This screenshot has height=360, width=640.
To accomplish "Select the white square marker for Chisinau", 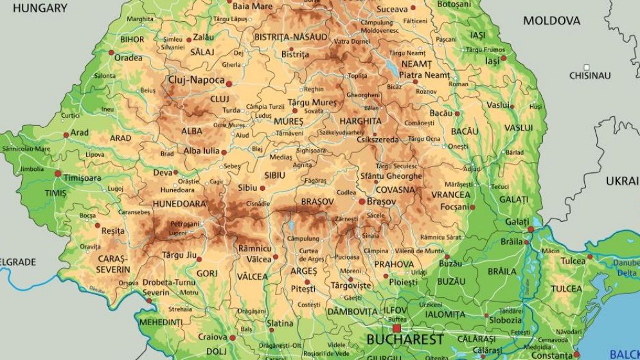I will pyautogui.click(x=586, y=67).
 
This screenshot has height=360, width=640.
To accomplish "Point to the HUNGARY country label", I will pyautogui.click(x=40, y=8).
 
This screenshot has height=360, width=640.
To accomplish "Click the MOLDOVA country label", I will pyautogui.click(x=551, y=21).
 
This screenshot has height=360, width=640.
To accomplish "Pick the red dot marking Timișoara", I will pyautogui.click(x=58, y=174).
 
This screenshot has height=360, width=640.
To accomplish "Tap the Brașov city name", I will pyautogui.click(x=382, y=201).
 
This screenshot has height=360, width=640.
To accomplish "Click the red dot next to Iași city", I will pyautogui.click(x=504, y=58).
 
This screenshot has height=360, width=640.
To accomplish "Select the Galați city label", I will pyautogui.click(x=517, y=222).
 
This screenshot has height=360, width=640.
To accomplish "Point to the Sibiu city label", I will pyautogui.click(x=247, y=188).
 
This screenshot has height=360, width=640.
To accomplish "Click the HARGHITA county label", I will pyautogui.click(x=360, y=121).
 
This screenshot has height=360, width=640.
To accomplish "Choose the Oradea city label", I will pyautogui.click(x=128, y=58).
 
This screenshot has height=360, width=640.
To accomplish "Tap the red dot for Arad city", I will pyautogui.click(x=66, y=134).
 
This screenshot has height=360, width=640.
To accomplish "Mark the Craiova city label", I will pyautogui.click(x=212, y=337).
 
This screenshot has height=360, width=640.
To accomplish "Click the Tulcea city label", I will pyautogui.click(x=573, y=260).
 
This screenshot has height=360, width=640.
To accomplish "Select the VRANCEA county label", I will pyautogui.click(x=450, y=195).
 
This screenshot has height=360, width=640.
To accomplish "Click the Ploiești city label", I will pyautogui.click(x=403, y=282).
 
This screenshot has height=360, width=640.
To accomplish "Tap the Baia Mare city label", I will pyautogui.click(x=252, y=6).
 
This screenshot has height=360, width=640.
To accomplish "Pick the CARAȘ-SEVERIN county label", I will pyautogui.click(x=113, y=264).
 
